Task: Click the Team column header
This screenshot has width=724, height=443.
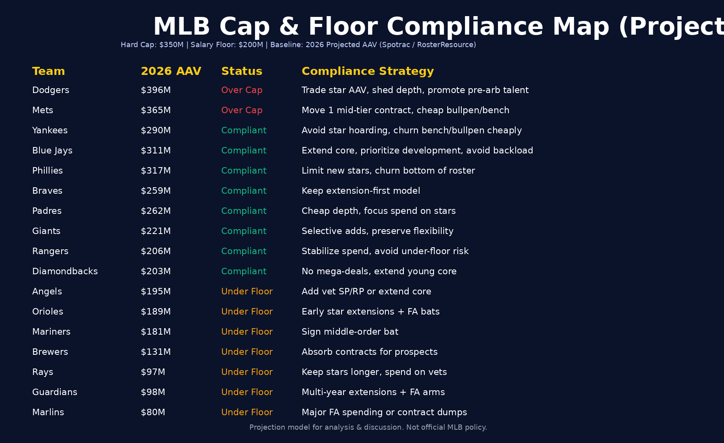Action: pos(48,71)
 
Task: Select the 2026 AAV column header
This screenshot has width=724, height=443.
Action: pos(171,71)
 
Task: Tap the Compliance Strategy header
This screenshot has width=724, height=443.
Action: pos(368,71)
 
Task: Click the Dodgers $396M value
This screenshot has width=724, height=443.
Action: pos(156,90)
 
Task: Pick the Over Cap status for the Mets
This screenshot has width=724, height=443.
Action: pos(241,110)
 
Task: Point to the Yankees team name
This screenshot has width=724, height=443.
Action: pos(50,130)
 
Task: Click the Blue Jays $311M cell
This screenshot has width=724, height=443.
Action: pos(156,151)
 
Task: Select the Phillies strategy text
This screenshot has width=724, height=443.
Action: pos(388,171)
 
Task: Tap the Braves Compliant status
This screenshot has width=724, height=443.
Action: pos(244,191)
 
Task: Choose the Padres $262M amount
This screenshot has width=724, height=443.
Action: pos(156,211)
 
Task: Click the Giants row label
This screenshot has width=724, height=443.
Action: pos(46,231)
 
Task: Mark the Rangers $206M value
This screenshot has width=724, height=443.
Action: pos(156,251)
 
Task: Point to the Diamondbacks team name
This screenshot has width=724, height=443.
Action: pos(65,271)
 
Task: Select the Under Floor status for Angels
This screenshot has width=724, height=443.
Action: pos(247,292)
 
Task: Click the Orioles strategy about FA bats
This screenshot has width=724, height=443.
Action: pos(370,312)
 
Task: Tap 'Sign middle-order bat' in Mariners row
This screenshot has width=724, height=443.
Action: pos(350,332)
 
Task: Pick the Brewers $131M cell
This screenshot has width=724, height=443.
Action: pos(156,352)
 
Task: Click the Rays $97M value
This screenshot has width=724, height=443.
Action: pos(153,372)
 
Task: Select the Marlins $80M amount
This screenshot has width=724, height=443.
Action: pos(153,412)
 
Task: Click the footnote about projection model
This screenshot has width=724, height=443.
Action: pos(368,427)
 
